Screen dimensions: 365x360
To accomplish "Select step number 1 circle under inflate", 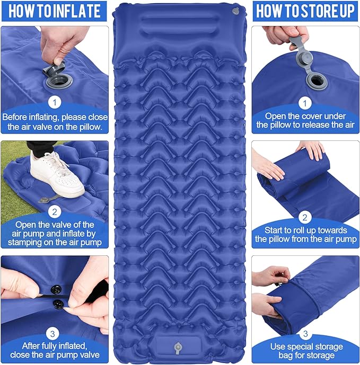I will point(54,101).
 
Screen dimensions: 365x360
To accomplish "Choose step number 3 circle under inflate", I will point(54,334).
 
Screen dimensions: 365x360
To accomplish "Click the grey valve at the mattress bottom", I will point(177,348).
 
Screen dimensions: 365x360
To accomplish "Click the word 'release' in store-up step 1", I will point(319,125).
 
